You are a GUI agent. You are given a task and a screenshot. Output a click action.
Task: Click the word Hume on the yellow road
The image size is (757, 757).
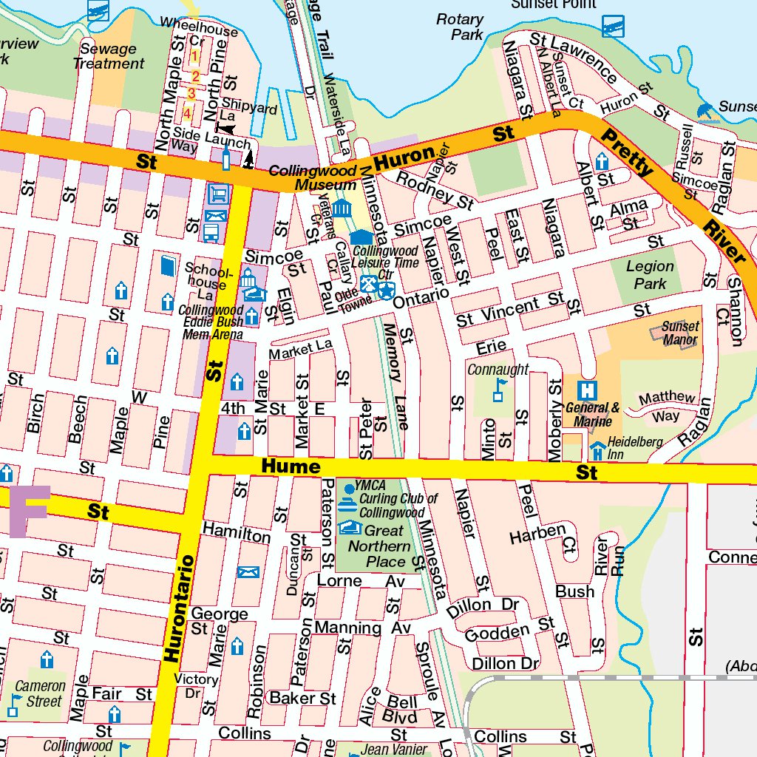(291, 467)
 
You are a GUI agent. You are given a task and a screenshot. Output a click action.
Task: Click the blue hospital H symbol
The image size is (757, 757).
(588, 389)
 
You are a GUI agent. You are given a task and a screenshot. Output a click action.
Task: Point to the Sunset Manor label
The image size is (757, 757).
(680, 333)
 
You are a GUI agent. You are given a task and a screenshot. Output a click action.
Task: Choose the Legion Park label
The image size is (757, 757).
(650, 274)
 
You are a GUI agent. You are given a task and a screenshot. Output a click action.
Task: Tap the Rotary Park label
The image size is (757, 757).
(460, 27)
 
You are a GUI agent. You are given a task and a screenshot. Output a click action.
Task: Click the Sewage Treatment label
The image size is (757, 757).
(109, 56)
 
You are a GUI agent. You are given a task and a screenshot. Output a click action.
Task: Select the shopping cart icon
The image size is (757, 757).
(218, 194)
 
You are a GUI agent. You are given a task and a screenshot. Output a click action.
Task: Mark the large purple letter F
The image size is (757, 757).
(30, 511)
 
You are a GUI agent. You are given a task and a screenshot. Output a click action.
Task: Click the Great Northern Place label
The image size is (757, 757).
(378, 546)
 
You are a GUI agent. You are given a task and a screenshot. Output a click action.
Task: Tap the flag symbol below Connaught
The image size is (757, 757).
(499, 390)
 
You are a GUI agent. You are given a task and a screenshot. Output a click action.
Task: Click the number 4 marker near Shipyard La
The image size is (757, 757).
(187, 113)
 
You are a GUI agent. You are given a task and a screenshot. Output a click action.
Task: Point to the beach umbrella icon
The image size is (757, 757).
(705, 111)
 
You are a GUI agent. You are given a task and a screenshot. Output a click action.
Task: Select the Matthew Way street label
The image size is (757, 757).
(666, 407)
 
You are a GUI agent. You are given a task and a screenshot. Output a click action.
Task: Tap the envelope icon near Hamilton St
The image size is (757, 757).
(248, 572)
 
